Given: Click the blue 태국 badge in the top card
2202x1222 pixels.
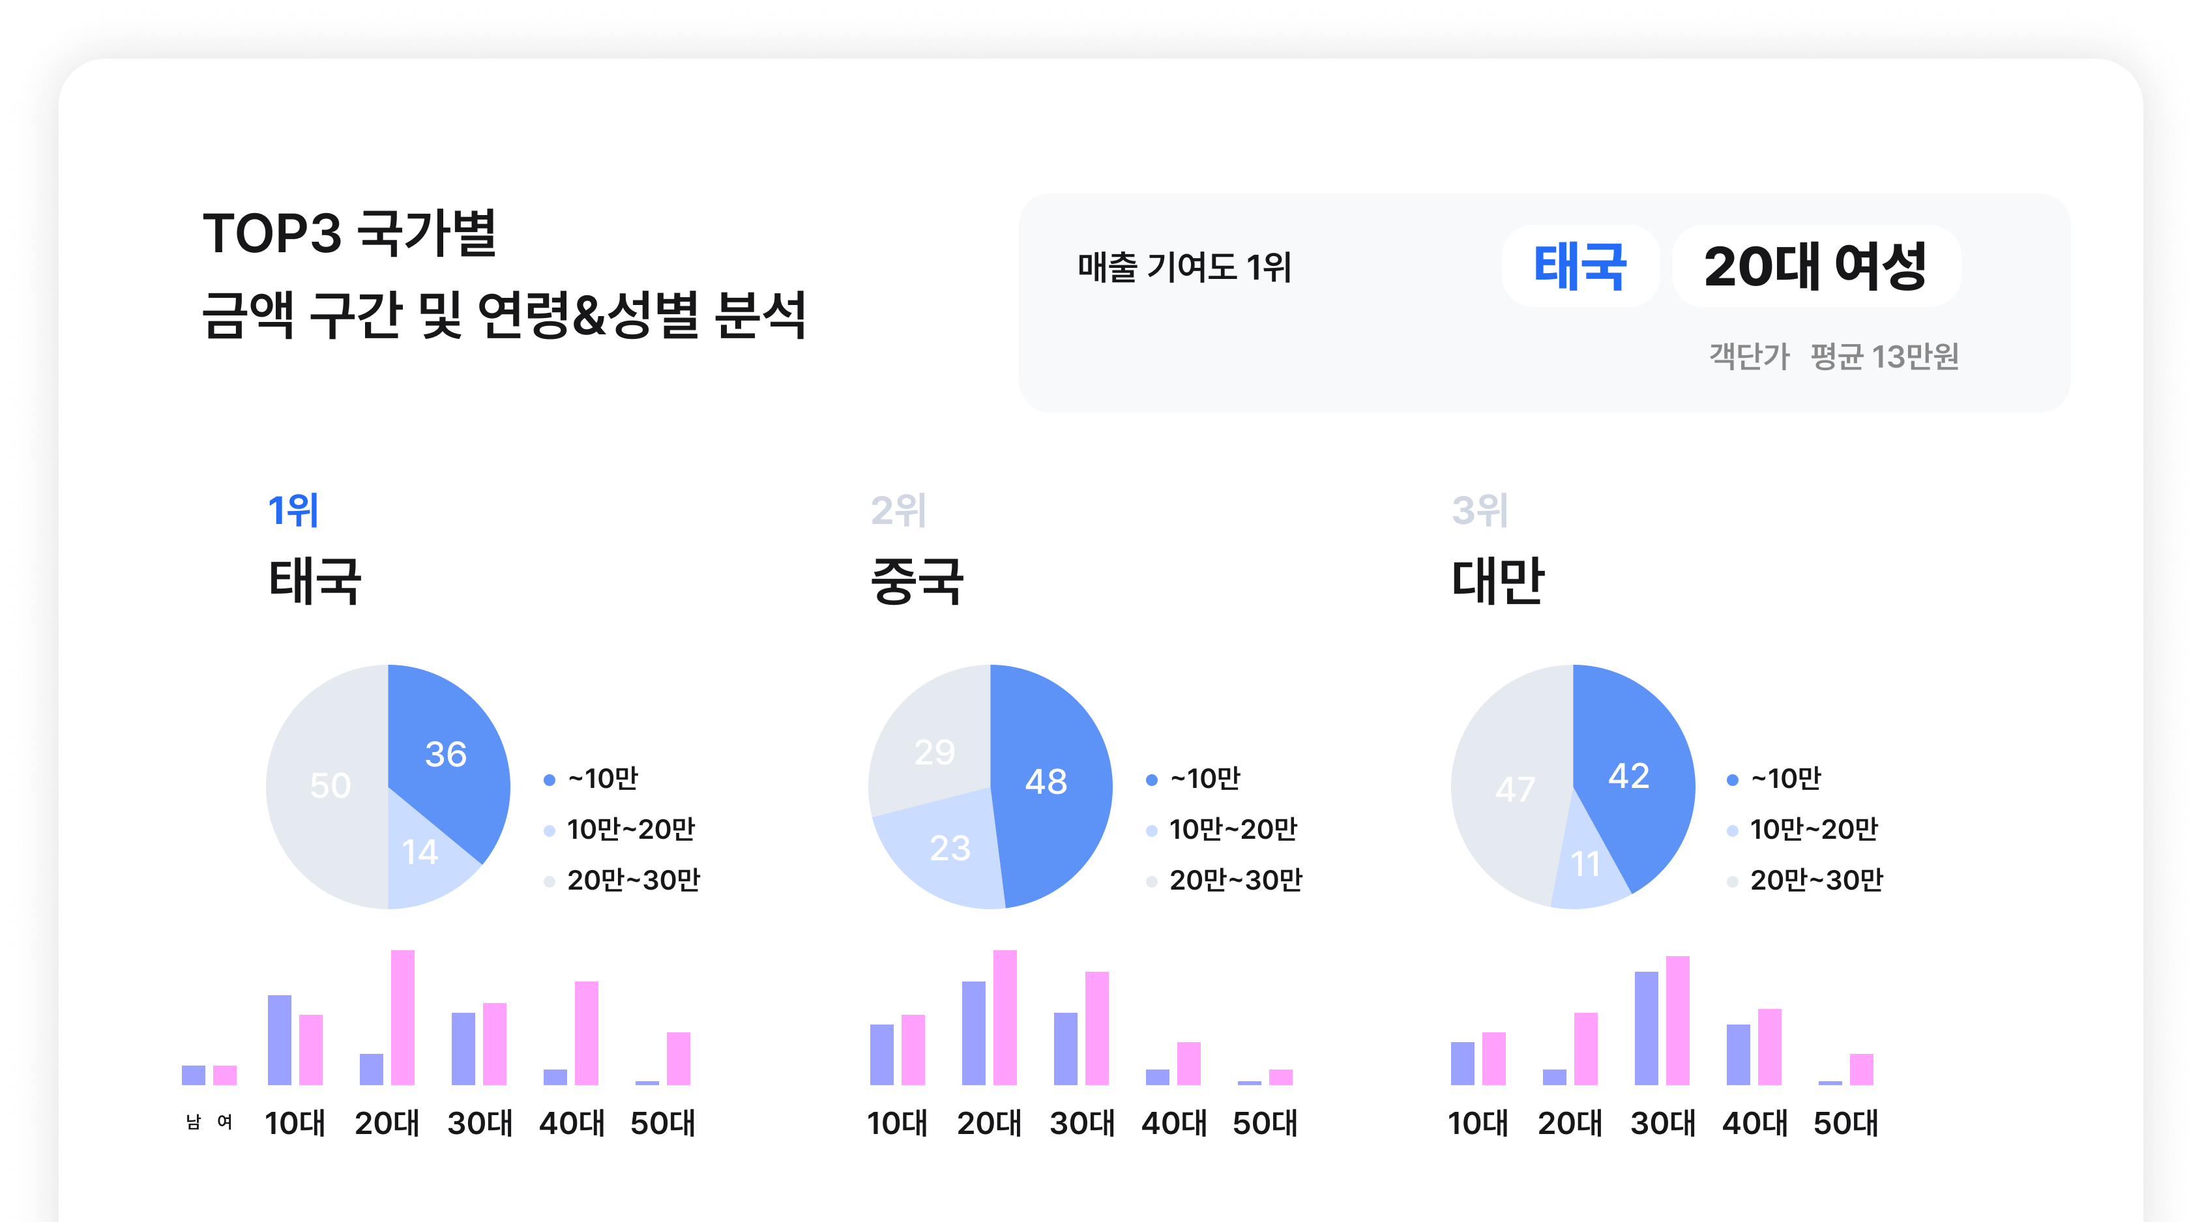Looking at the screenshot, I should tap(1579, 266).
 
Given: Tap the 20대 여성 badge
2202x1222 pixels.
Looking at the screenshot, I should tap(1815, 266).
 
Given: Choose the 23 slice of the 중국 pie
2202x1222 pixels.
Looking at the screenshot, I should tap(950, 849).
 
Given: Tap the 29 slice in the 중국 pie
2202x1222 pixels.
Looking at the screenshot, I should tap(933, 752).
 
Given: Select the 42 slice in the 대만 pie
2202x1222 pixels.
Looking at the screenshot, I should tap(1628, 775).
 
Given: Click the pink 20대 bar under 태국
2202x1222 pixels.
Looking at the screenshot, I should tap(403, 1017).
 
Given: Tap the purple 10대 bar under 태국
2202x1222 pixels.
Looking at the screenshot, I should tap(280, 1039).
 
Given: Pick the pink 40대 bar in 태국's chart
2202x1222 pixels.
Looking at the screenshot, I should tap(587, 1032).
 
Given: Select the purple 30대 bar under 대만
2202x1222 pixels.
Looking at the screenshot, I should tap(1647, 1027).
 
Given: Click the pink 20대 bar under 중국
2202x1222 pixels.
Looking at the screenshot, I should tap(1005, 1017).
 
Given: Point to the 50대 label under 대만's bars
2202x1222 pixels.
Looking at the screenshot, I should tap(1845, 1123).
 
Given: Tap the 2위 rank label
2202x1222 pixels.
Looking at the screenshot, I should tap(898, 510).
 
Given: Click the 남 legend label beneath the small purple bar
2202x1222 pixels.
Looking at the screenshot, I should tap(193, 1122).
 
